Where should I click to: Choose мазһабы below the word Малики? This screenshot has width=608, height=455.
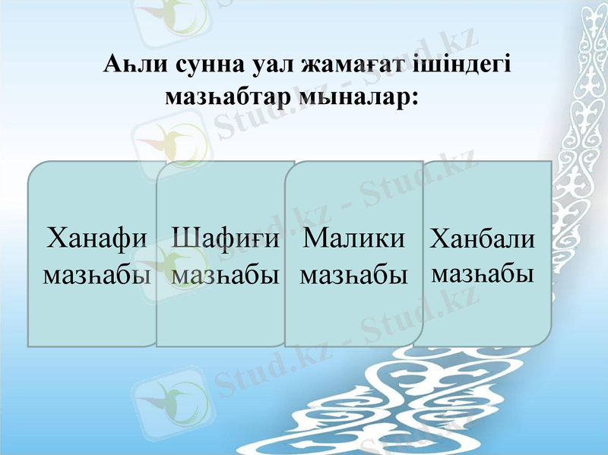(x=354, y=274)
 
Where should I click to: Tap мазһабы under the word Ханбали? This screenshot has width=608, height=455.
(x=483, y=271)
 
